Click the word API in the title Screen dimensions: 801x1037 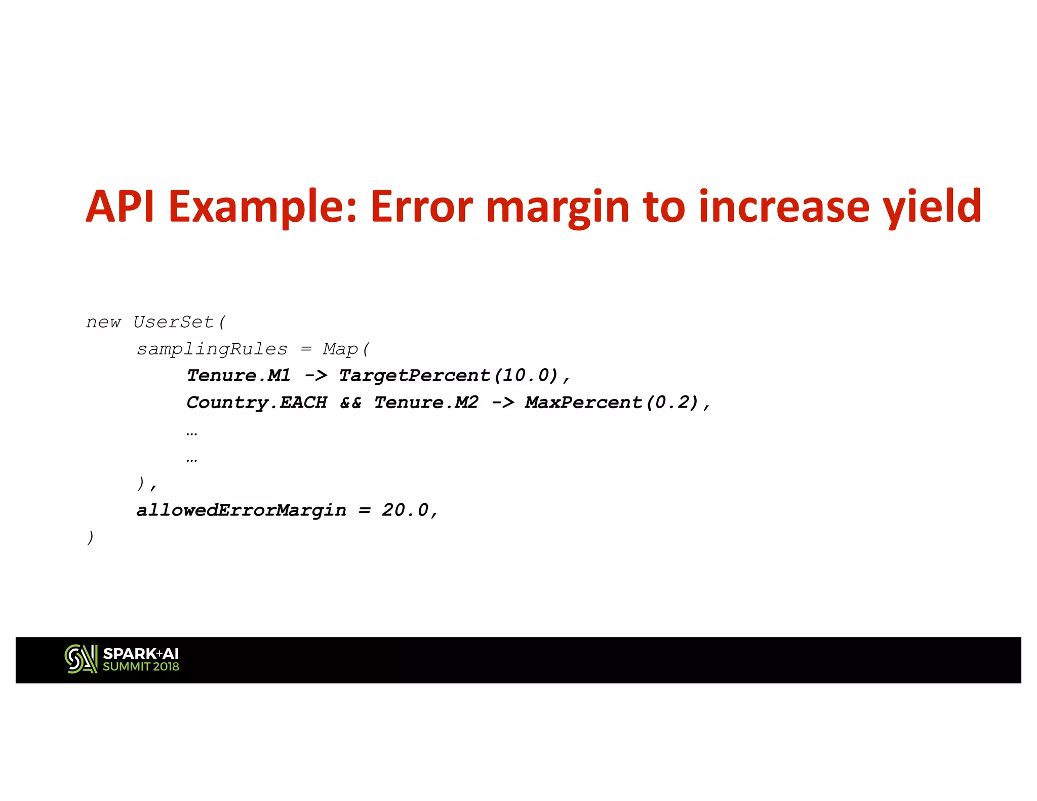(120, 207)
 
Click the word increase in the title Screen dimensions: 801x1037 (784, 207)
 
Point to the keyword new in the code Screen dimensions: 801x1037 (104, 323)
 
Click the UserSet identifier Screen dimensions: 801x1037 (174, 322)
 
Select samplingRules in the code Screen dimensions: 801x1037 (212, 349)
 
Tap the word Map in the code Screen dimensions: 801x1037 (341, 349)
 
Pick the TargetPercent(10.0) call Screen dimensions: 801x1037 (449, 376)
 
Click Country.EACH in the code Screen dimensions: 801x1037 (257, 403)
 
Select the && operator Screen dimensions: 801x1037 (351, 403)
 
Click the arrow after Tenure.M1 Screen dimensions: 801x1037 (316, 376)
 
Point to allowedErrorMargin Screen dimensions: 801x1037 (242, 510)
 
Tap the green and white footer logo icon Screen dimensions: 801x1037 (81, 659)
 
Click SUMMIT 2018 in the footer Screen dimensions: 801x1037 (141, 667)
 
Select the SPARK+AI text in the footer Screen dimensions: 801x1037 (141, 654)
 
